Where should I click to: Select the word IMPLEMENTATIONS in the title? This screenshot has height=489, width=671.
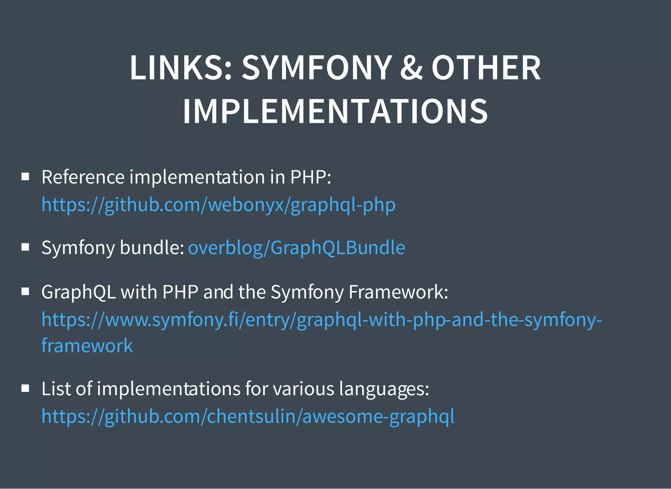(x=335, y=111)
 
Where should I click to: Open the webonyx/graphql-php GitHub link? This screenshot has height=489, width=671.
(x=219, y=205)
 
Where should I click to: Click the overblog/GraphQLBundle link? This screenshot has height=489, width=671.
(x=297, y=247)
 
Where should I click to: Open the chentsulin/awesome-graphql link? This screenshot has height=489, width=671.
(x=248, y=416)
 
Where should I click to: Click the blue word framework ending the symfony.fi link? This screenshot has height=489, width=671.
(x=87, y=346)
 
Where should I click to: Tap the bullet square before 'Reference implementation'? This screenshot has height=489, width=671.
(x=25, y=177)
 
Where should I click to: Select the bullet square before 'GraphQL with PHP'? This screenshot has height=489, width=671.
(x=25, y=291)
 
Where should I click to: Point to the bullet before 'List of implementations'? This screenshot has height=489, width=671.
(x=25, y=388)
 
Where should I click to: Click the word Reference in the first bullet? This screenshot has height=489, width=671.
(x=83, y=177)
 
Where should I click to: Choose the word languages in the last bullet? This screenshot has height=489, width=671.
(x=384, y=389)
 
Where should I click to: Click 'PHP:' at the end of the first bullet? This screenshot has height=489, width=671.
(x=311, y=177)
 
